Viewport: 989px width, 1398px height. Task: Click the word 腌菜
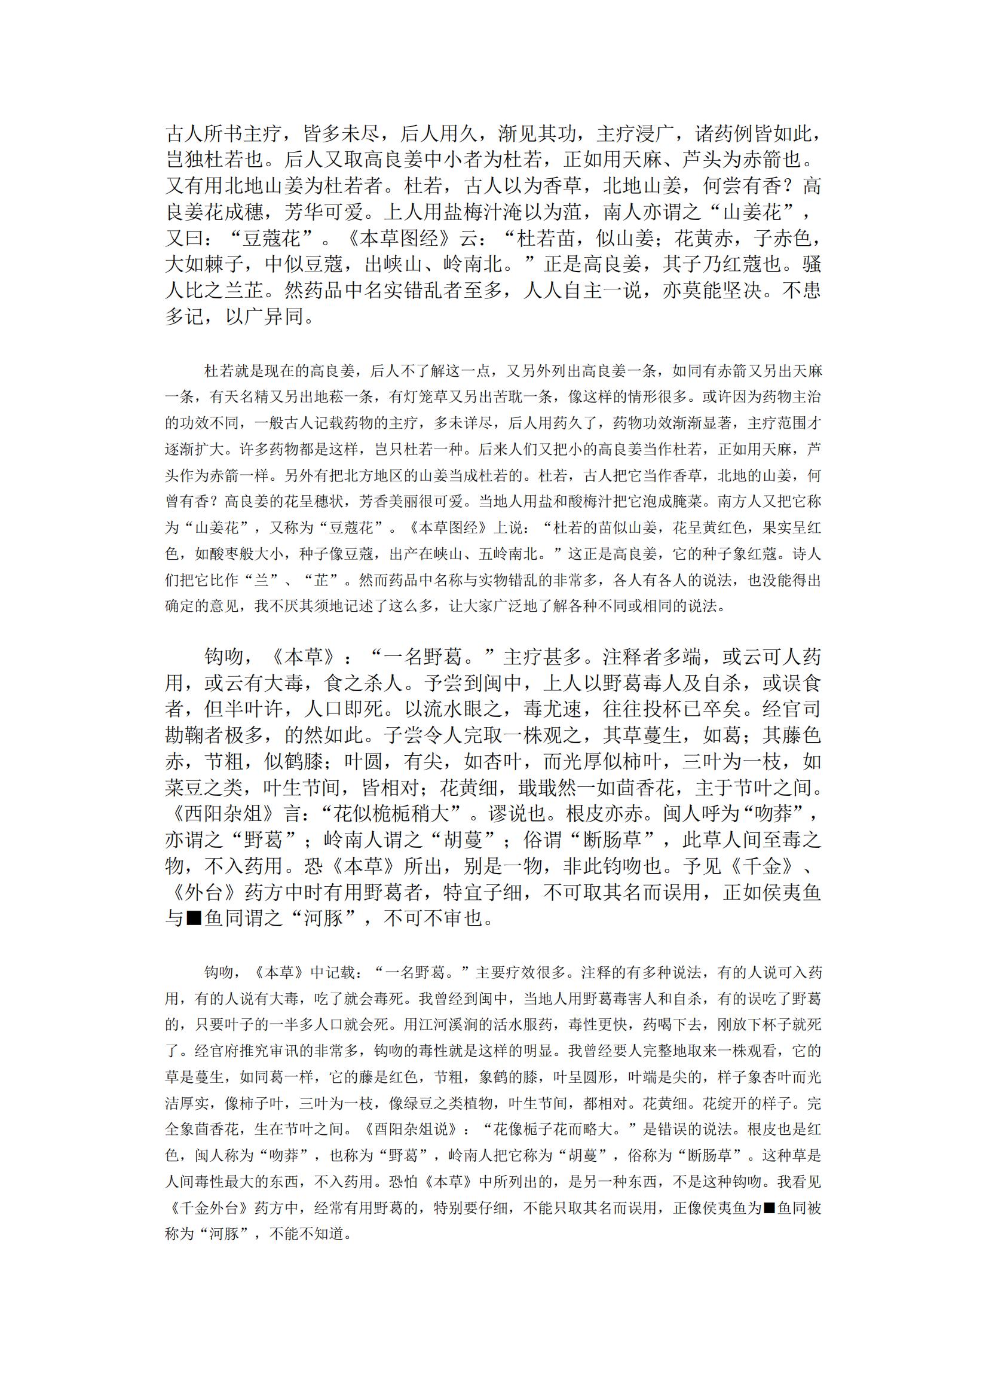click(x=687, y=502)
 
